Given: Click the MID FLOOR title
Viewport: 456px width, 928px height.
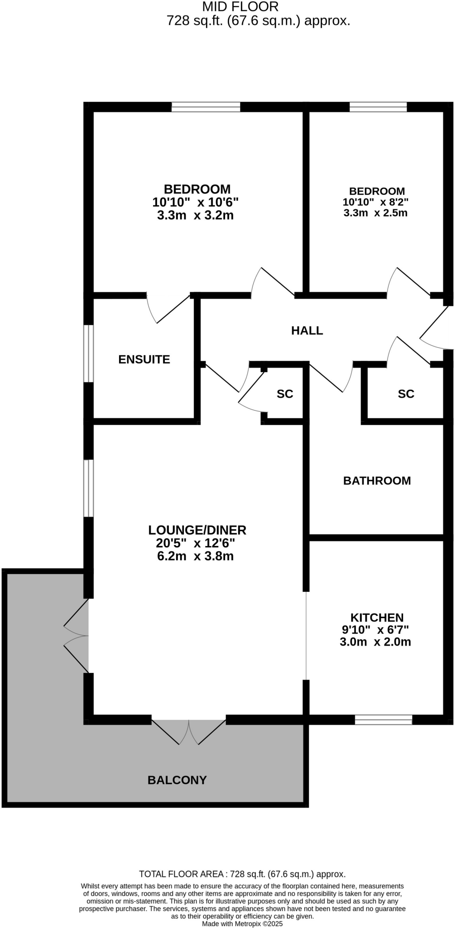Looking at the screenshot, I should (x=240, y=7).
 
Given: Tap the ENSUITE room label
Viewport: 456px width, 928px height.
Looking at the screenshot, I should (x=144, y=359).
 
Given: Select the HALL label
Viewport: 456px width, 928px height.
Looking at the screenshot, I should (x=307, y=331).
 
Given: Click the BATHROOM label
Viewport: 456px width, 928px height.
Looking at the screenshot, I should (x=377, y=481).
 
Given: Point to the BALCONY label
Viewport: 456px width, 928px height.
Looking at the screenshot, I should (x=177, y=780).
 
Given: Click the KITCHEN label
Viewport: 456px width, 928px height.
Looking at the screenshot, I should (x=377, y=618).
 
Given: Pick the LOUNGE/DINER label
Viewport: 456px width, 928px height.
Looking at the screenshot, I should (x=197, y=530).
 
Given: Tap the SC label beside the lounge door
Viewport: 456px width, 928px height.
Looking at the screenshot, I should (x=285, y=394).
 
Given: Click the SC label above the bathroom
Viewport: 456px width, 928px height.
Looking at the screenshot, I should (x=406, y=394).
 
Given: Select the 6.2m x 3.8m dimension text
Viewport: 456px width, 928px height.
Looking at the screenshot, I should (x=195, y=556).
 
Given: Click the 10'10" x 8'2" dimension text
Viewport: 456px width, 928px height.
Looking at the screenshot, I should (x=375, y=203).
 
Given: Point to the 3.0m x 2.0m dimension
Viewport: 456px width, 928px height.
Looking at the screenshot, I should (x=375, y=642).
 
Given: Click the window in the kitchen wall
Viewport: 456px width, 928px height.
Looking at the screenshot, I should (x=383, y=720).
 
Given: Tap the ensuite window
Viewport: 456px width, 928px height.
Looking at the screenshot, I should (x=89, y=353).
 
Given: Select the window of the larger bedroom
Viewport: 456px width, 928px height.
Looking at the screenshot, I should (x=206, y=107).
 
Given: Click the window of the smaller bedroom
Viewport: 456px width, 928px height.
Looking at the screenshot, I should (x=378, y=107).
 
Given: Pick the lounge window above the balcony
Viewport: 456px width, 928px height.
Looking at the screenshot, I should (x=89, y=488).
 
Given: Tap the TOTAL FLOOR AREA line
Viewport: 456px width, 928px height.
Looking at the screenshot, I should (x=242, y=874).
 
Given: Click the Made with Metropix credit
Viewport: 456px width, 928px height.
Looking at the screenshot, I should (x=242, y=923).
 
